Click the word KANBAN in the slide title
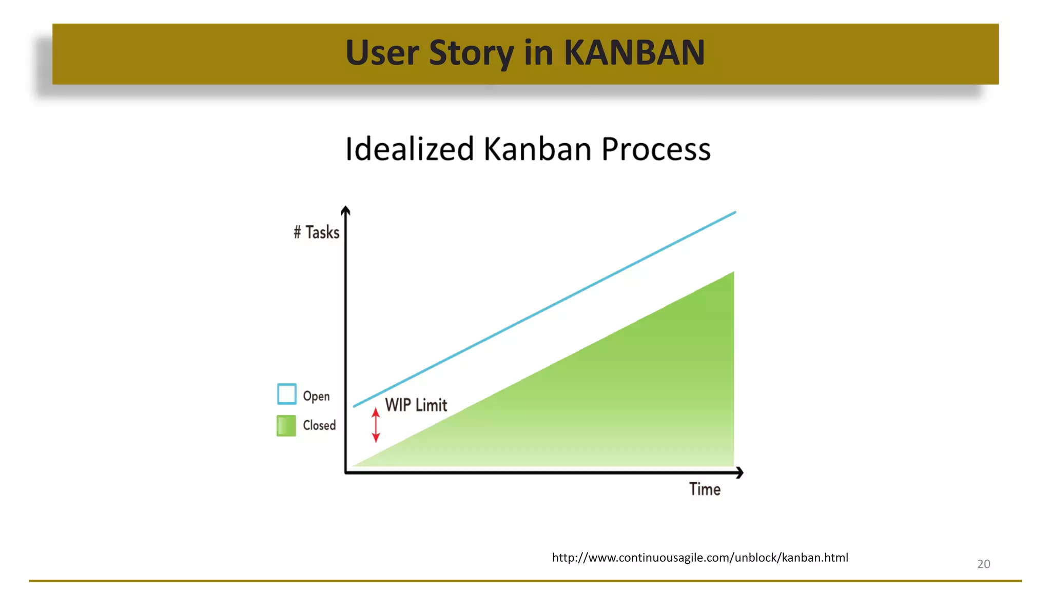pos(634,53)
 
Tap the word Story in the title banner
pos(471,53)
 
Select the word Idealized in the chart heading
pos(410,149)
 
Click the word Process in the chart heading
pos(655,149)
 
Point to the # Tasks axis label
pos(317,232)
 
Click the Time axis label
pos(705,489)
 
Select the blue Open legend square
pos(286,394)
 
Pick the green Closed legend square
pos(286,425)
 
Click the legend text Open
pos(316,396)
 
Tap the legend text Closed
pos(319,425)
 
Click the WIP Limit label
pos(416,405)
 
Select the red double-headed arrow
pos(376,425)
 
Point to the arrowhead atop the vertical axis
pos(345,210)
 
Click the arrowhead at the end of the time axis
pos(739,472)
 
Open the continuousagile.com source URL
pos(700,558)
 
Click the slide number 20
pos(983,564)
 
